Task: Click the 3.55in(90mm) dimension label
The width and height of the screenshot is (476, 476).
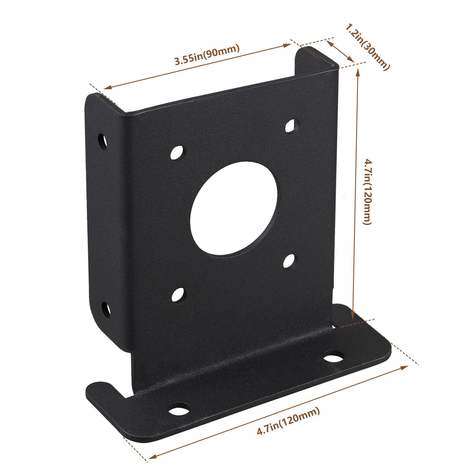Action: point(207,55)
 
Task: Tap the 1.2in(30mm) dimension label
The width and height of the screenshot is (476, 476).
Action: point(368,47)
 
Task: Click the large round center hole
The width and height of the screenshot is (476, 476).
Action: point(234,209)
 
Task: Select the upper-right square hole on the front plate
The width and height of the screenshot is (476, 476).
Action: point(291,126)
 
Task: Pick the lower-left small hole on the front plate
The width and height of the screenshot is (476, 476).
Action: point(178,294)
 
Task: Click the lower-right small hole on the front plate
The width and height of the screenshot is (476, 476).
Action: point(289,261)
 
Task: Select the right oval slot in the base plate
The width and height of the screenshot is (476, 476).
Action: point(334,357)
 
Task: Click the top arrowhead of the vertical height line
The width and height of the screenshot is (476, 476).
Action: point(358,73)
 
